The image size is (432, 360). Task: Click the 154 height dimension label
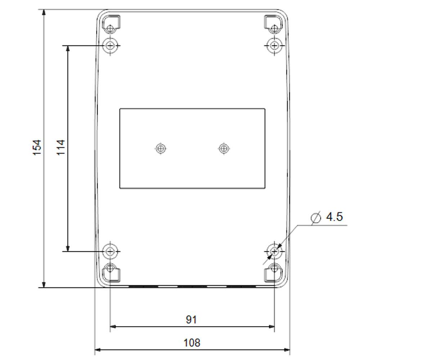[x=37, y=148]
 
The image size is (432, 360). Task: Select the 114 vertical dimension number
[x=61, y=148]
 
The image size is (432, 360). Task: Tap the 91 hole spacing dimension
[x=192, y=320]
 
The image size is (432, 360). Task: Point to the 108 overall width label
[x=192, y=343]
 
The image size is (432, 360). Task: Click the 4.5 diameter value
[x=334, y=217]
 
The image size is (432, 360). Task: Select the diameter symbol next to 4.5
[x=316, y=218]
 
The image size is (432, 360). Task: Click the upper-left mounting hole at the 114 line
[x=110, y=45]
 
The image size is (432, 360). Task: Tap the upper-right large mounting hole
[x=274, y=45]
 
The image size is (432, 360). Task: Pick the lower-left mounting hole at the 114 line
[x=110, y=252]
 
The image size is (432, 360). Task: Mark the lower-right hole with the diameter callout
[x=274, y=252]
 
